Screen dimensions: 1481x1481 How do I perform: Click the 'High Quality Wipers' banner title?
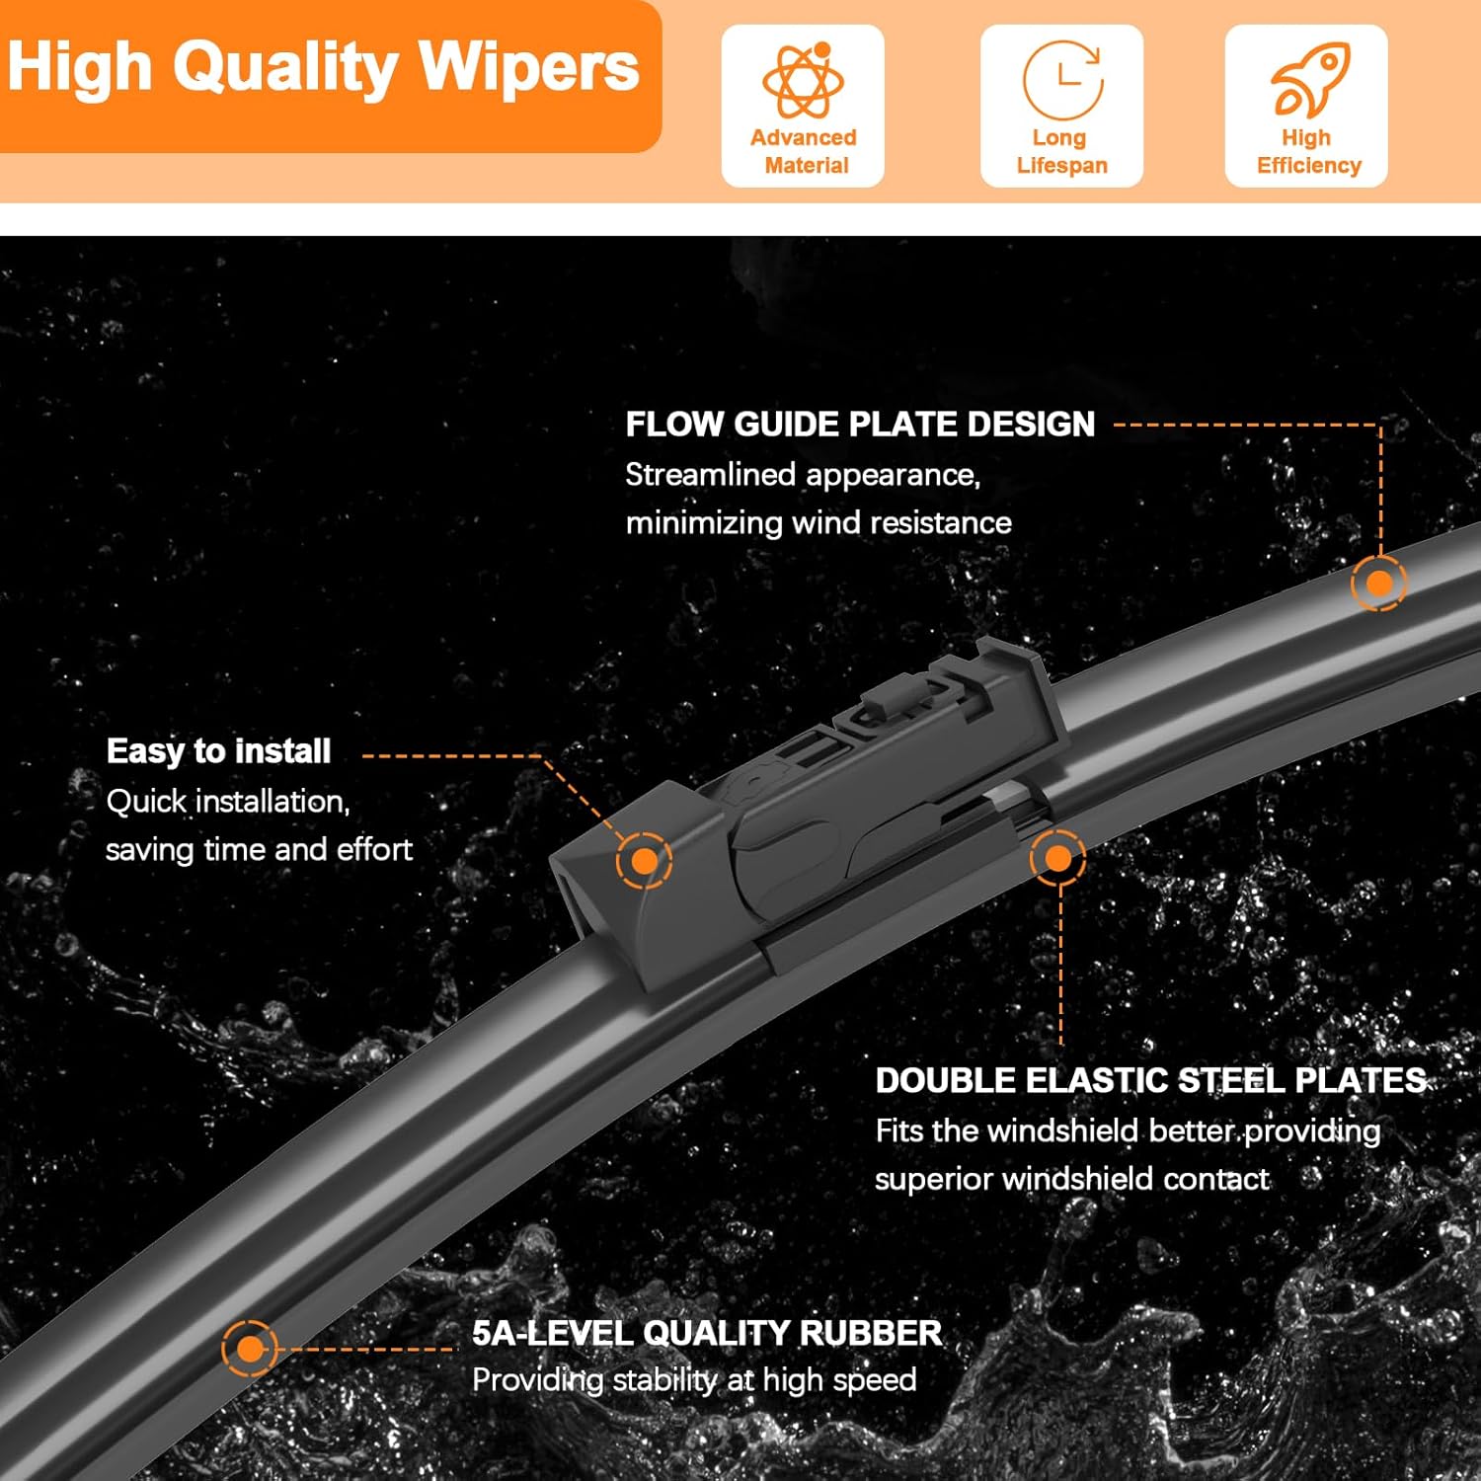323,67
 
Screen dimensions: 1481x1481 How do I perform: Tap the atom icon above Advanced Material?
803,81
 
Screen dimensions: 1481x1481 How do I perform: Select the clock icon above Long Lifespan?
1062,79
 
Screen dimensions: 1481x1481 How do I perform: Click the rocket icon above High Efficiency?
1308,80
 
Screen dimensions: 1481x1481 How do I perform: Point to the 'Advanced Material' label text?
804,151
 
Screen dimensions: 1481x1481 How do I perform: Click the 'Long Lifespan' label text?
1061,151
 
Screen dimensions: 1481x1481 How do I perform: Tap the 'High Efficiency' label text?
1308,151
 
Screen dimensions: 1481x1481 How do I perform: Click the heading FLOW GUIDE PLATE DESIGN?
860,425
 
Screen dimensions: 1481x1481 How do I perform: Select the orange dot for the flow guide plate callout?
1378,584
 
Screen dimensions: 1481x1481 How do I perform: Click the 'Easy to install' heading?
218,751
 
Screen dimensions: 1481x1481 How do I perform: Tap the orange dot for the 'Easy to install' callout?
644,861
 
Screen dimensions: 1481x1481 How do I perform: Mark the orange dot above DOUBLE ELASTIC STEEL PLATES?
1057,858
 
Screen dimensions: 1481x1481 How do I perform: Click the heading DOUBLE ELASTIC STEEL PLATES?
1150,1080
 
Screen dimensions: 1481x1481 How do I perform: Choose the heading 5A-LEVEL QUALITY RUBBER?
706,1333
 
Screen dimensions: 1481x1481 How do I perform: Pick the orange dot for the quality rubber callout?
250,1349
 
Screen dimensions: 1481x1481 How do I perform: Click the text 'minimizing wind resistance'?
818,522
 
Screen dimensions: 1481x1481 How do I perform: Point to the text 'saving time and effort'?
259,849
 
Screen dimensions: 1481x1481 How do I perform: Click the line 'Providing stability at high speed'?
694,1379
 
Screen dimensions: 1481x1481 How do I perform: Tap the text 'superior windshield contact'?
1071,1179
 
